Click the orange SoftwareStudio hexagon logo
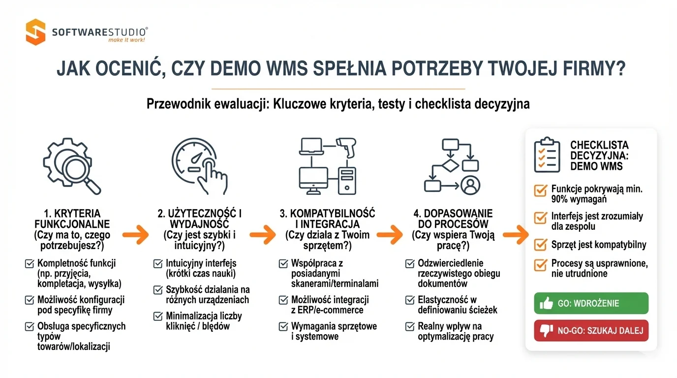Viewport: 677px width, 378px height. pyautogui.click(x=35, y=32)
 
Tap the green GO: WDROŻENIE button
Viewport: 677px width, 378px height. pyautogui.click(x=591, y=303)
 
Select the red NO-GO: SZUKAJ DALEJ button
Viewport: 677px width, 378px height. pyautogui.click(x=591, y=331)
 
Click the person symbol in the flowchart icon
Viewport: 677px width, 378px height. pyautogui.click(x=470, y=185)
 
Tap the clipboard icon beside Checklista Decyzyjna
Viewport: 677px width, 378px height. pyautogui.click(x=547, y=155)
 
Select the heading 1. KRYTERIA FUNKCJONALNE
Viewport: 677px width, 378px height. pyautogui.click(x=72, y=219)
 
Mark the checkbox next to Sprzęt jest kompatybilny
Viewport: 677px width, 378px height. pyautogui.click(x=540, y=245)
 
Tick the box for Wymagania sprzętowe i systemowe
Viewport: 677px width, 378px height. pyautogui.click(x=283, y=326)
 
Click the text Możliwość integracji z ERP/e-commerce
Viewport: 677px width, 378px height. pyautogui.click(x=329, y=305)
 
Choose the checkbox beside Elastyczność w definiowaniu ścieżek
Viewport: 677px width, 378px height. pyautogui.click(x=409, y=300)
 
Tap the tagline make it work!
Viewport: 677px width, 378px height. pyautogui.click(x=126, y=40)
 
